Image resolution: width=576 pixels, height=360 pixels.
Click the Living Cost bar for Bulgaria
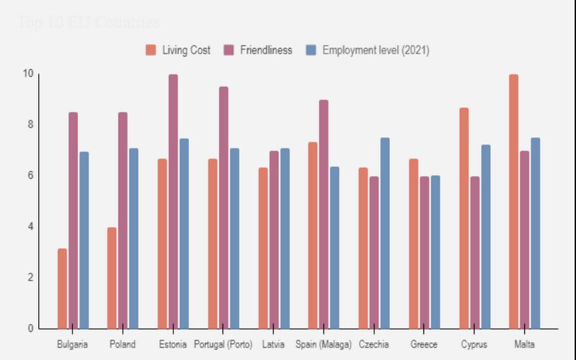63,288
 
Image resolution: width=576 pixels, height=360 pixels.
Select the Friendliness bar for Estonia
174,202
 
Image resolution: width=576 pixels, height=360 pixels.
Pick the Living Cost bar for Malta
513,202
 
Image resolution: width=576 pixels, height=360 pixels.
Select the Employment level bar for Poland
134,238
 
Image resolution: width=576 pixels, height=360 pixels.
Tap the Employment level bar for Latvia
285,238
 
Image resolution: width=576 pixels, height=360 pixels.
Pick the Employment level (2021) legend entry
368,50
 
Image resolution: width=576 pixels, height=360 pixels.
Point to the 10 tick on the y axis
28,73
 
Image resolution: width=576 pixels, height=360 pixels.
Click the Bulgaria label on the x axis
73,345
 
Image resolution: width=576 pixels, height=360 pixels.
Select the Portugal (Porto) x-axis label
223,345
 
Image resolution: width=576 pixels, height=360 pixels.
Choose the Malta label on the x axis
524,345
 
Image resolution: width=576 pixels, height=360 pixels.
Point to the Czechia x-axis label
374,345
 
